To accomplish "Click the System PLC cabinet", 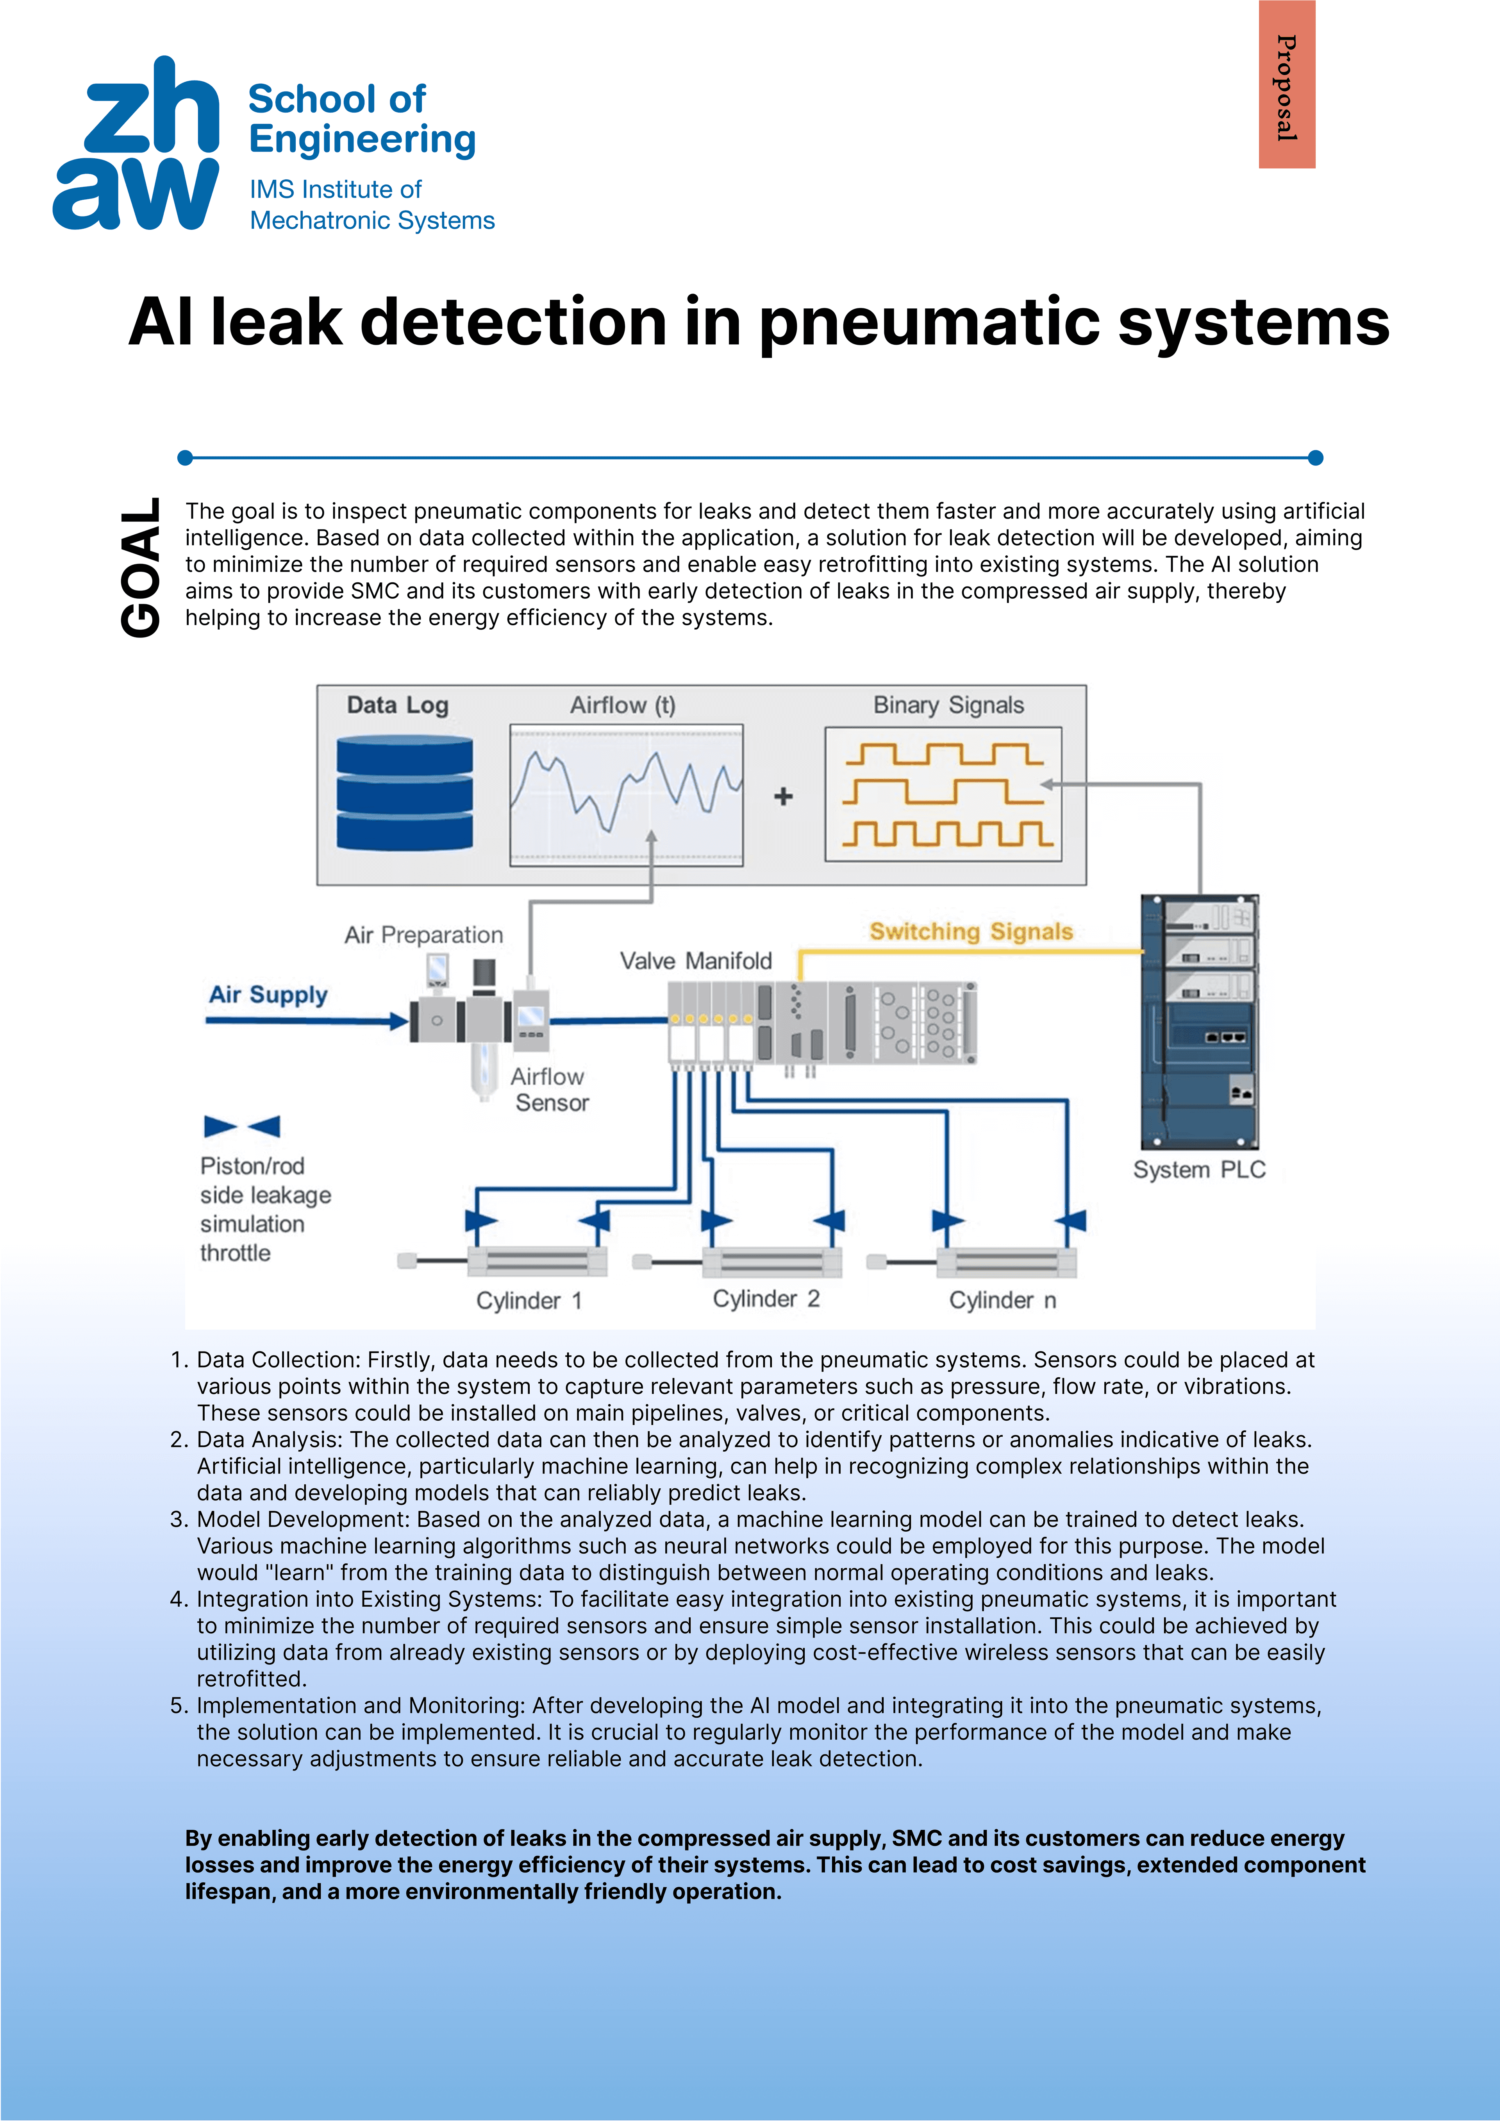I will [x=1200, y=1022].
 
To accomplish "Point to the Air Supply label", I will [x=268, y=995].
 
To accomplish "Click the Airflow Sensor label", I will [x=550, y=1089].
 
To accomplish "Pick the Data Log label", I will [x=397, y=705].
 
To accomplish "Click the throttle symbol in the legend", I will [x=241, y=1126].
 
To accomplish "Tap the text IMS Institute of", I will [x=334, y=190].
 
